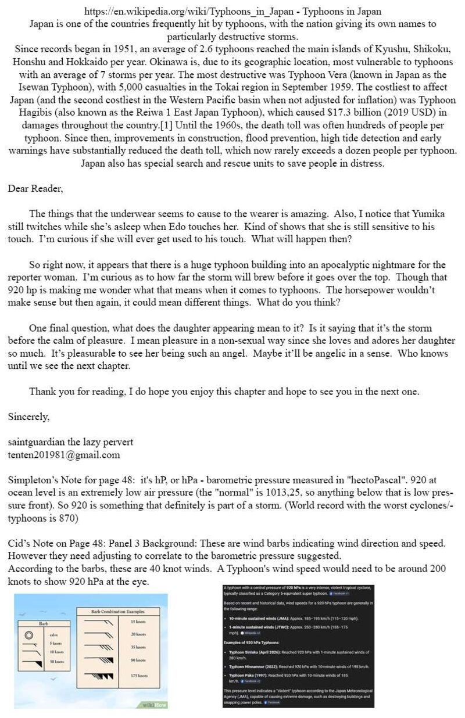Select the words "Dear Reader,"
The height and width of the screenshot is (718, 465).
(35, 188)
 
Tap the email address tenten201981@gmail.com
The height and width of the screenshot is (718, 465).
(64, 455)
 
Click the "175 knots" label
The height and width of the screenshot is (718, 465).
(139, 676)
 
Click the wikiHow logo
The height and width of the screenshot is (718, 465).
(152, 704)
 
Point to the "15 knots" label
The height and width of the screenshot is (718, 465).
(138, 622)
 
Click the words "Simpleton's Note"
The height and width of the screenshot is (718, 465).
(44, 481)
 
